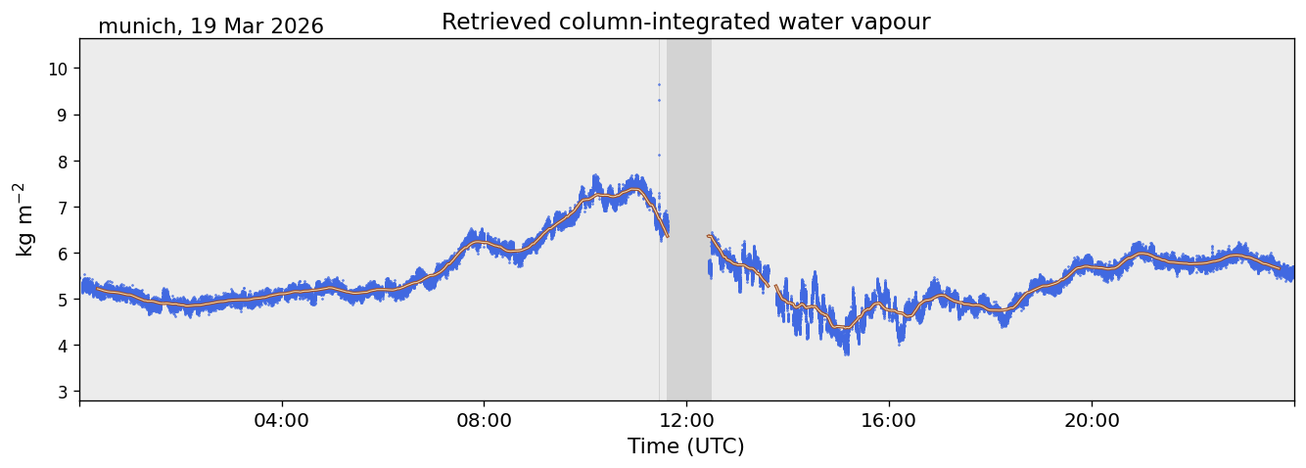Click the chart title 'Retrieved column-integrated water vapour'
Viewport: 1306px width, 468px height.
pyautogui.click(x=685, y=23)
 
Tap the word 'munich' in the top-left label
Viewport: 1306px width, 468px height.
pyautogui.click(x=136, y=26)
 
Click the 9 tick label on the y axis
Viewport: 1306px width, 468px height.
pyautogui.click(x=63, y=115)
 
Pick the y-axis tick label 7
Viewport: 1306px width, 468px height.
pyautogui.click(x=63, y=208)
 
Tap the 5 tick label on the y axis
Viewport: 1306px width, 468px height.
pyautogui.click(x=63, y=300)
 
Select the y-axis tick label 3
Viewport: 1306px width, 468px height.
pyautogui.click(x=63, y=392)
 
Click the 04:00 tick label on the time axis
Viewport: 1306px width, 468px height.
pyautogui.click(x=282, y=421)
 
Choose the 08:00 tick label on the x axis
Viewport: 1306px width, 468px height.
pyautogui.click(x=484, y=421)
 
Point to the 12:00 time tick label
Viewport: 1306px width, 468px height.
pyautogui.click(x=687, y=421)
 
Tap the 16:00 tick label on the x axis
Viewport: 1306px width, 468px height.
pyautogui.click(x=889, y=421)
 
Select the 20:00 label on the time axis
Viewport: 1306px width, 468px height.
pyautogui.click(x=1092, y=421)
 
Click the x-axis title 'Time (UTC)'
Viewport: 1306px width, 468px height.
pyautogui.click(x=685, y=446)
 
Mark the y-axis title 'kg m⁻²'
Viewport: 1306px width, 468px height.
pyautogui.click(x=23, y=219)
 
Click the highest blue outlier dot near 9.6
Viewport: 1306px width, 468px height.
pyautogui.click(x=659, y=84)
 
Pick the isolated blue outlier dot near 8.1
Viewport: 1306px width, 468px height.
pyautogui.click(x=659, y=155)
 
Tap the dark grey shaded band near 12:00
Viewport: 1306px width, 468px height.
pyautogui.click(x=689, y=219)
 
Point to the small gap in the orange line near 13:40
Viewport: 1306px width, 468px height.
pyautogui.click(x=771, y=286)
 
